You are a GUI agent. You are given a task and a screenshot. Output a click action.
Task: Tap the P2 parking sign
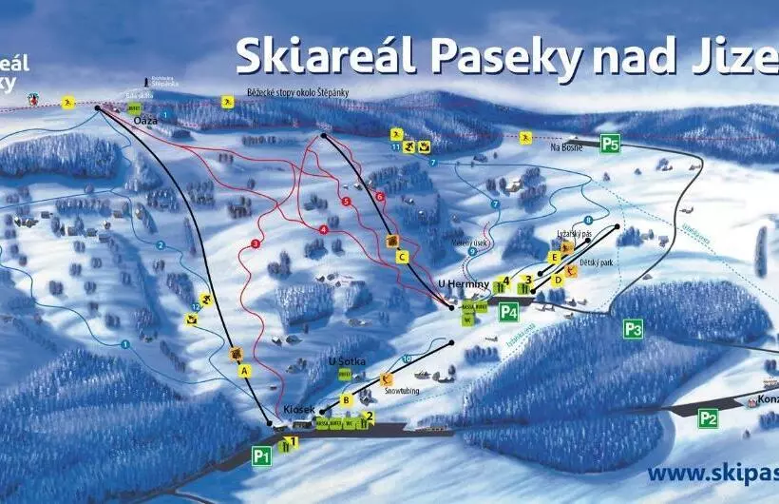[x=708, y=417]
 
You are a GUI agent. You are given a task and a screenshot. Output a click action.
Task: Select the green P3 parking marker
[x=634, y=330]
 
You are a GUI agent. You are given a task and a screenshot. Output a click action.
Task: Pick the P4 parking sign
[x=509, y=310]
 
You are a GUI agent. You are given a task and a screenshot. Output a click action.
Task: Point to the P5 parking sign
[x=610, y=145]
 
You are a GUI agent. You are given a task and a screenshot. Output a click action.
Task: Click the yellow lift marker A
[x=245, y=371]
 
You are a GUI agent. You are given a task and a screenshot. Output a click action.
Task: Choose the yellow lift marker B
[x=347, y=400]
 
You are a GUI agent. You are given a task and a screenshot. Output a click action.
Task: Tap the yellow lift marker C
[x=403, y=256]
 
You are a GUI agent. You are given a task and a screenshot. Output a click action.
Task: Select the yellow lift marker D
[x=559, y=280]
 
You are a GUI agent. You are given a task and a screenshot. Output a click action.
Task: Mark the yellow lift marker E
[x=554, y=257]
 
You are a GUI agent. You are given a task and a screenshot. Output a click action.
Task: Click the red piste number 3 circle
[x=256, y=244]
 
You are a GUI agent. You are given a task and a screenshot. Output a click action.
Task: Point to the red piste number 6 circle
[x=380, y=197]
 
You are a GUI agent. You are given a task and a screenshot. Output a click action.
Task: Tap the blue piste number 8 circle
[x=589, y=221]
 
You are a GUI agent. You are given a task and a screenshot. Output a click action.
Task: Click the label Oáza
[x=145, y=121]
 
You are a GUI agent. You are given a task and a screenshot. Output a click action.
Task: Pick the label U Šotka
[x=345, y=361]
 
